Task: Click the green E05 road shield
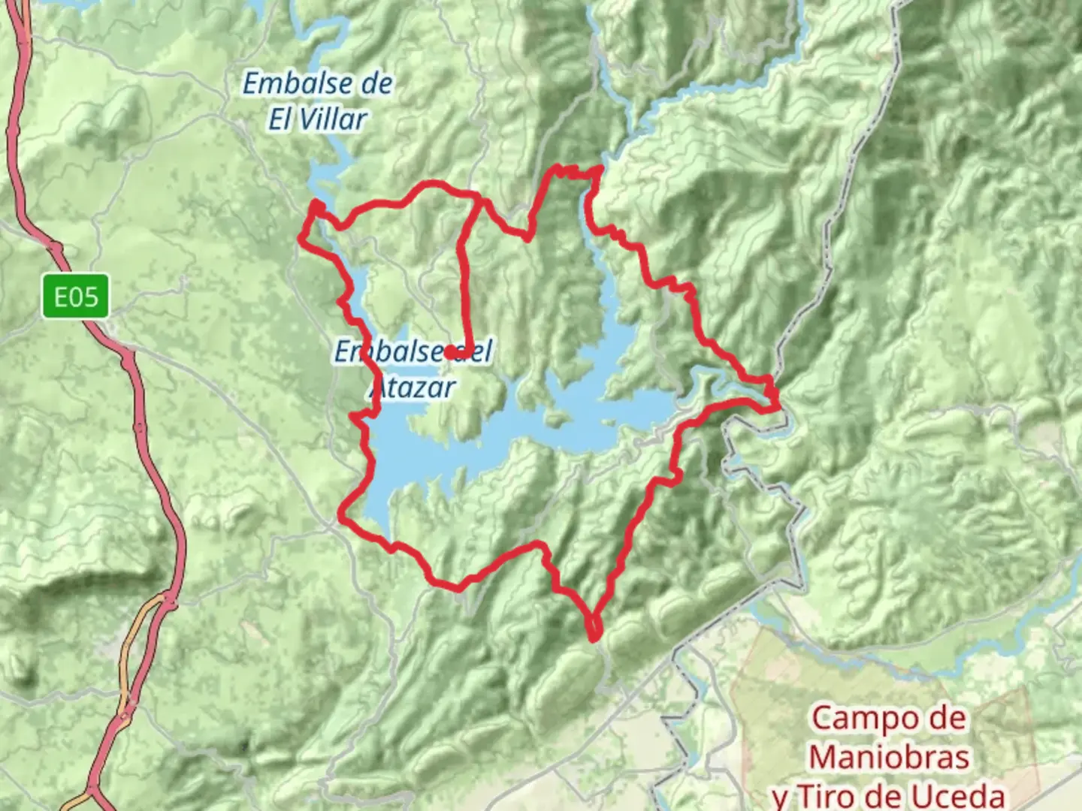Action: [x=75, y=297]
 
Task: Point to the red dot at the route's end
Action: [x=449, y=351]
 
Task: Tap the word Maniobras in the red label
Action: [x=889, y=757]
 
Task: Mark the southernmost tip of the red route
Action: [x=594, y=639]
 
